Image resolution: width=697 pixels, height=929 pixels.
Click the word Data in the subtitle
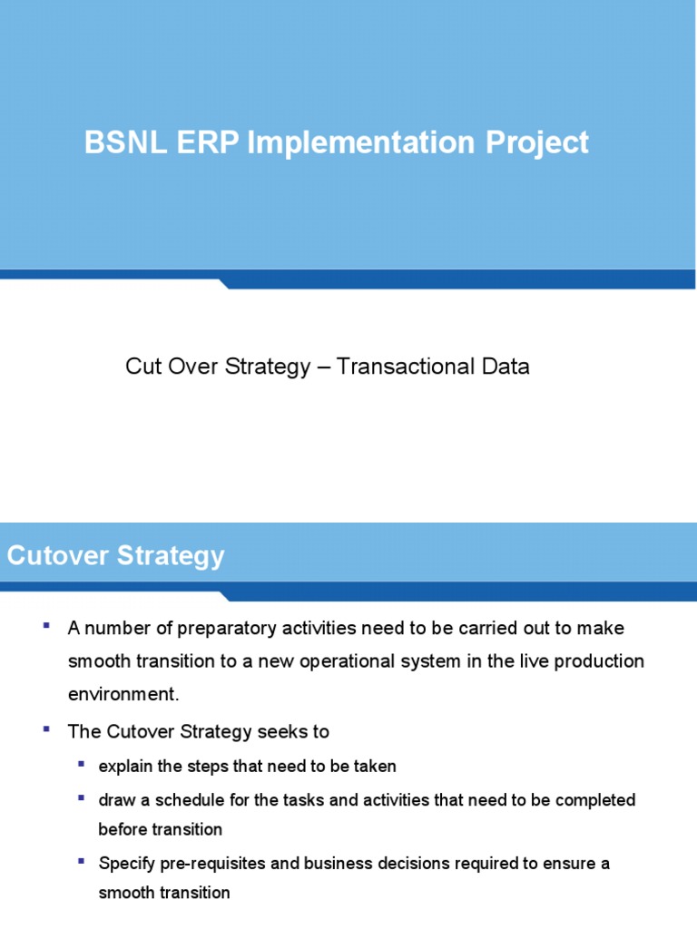(x=506, y=367)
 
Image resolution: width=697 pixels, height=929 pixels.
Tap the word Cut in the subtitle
(x=142, y=367)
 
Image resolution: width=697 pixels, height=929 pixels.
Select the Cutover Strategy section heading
(x=115, y=555)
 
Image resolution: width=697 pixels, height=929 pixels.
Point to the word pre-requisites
(x=214, y=863)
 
